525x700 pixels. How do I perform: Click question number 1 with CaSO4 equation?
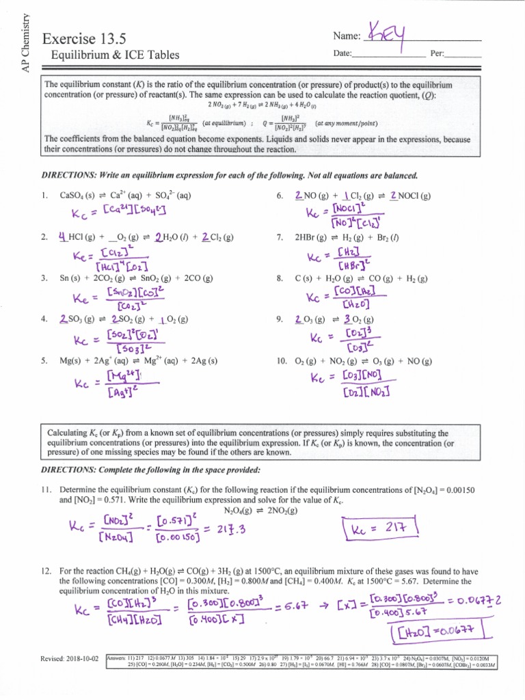click(x=44, y=196)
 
